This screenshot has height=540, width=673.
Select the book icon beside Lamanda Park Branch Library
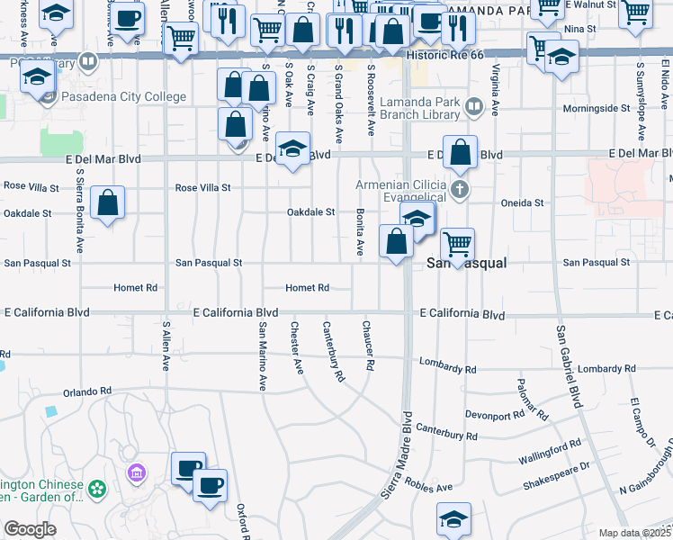tap(474, 109)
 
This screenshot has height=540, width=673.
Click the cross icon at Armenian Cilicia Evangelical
tap(460, 188)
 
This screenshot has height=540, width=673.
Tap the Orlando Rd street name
tap(86, 391)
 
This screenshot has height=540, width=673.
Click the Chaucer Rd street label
tap(368, 346)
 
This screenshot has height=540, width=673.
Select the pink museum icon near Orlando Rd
tap(137, 472)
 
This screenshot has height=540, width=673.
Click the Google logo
tap(30, 529)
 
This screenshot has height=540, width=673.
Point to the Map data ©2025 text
tap(633, 533)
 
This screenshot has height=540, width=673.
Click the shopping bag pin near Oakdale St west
tap(107, 202)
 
